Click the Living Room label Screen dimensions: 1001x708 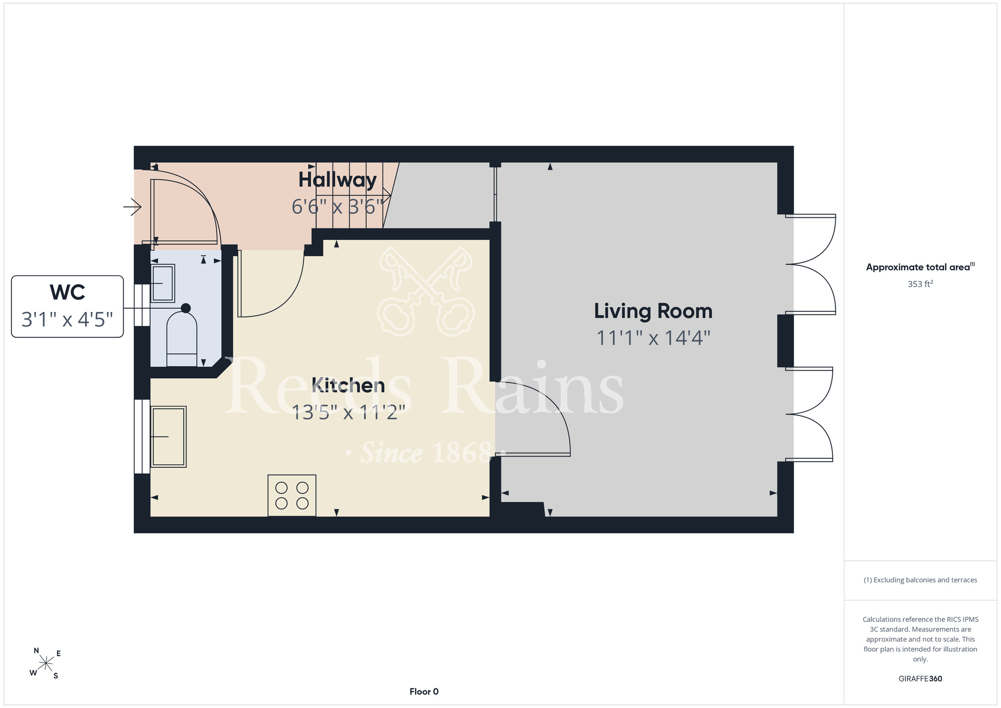click(x=653, y=311)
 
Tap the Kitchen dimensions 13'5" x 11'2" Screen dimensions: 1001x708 click(x=348, y=413)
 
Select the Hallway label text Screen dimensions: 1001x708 click(x=337, y=180)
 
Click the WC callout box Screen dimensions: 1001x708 click(x=68, y=306)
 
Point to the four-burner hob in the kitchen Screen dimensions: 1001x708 click(x=292, y=495)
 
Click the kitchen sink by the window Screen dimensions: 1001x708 click(x=169, y=437)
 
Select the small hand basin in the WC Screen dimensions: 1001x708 click(x=163, y=283)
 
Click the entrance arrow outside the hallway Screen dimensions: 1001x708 click(x=133, y=207)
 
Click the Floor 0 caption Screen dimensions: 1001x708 click(x=424, y=691)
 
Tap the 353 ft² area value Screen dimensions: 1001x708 click(x=920, y=284)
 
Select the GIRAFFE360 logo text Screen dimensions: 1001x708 click(x=920, y=679)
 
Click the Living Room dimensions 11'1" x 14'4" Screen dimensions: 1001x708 click(x=653, y=338)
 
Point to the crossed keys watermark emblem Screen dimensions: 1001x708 click(x=425, y=291)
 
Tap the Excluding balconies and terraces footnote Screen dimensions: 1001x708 click(x=920, y=580)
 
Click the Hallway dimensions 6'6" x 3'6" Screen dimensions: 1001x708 click(x=337, y=206)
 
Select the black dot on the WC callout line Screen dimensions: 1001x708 click(x=186, y=308)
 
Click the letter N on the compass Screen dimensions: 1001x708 click(x=37, y=651)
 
